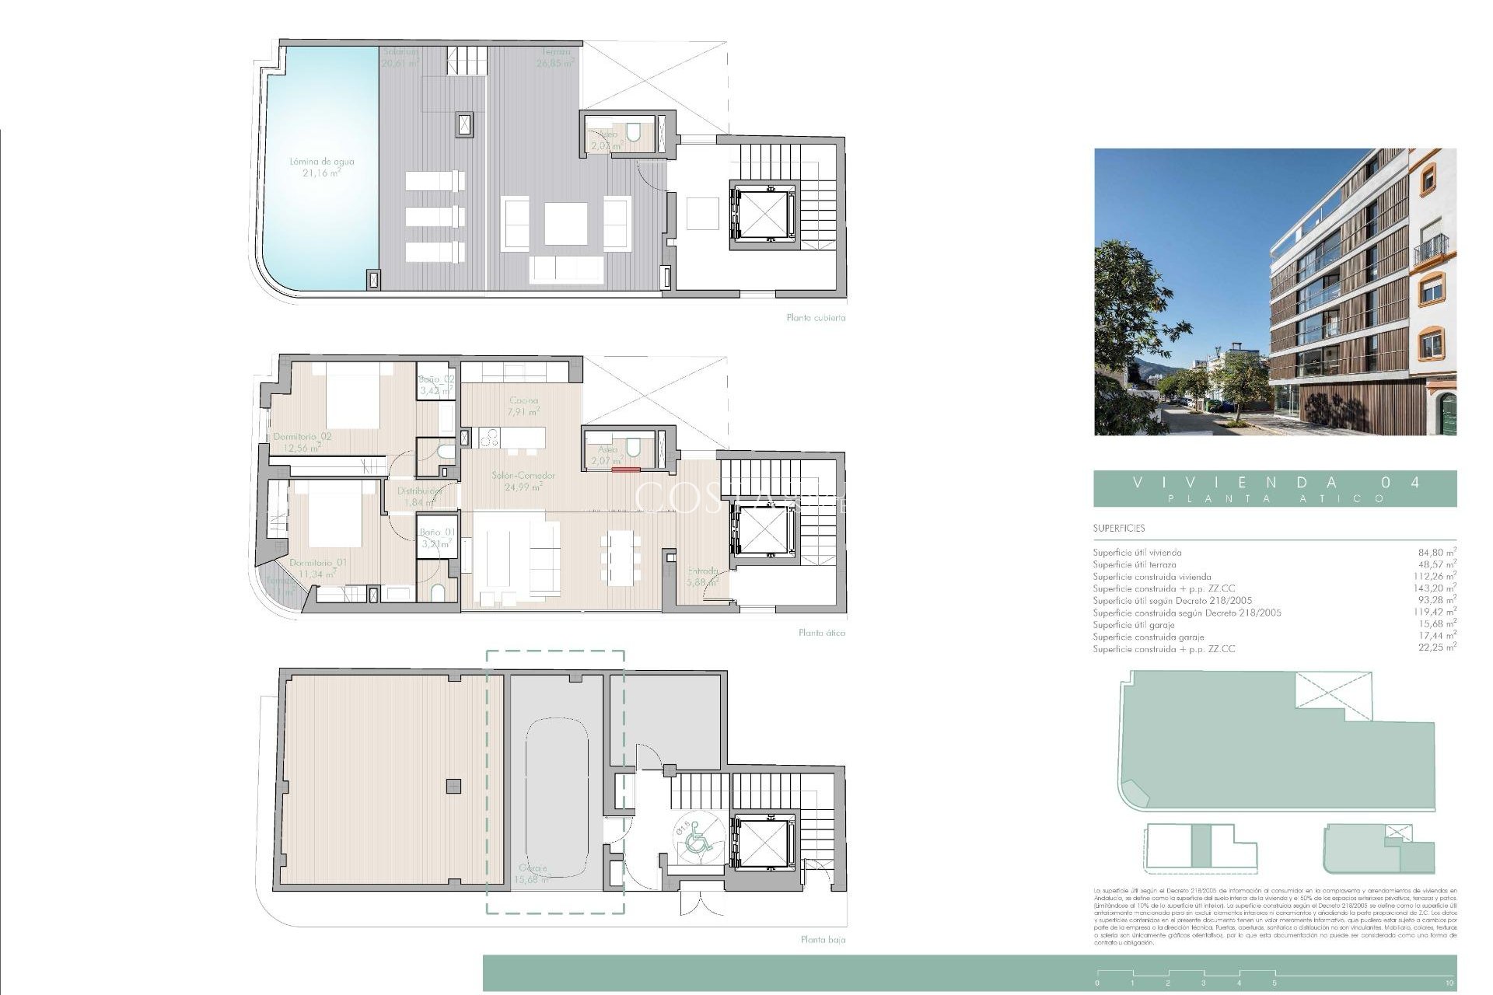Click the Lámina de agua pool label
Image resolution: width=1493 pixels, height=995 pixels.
(x=321, y=167)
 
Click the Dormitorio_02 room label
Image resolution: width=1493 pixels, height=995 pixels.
(x=302, y=442)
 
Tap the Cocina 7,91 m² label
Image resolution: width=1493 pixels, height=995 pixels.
(x=523, y=406)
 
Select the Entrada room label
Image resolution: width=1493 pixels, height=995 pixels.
(x=702, y=575)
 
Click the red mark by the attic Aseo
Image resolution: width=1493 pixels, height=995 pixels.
(x=625, y=469)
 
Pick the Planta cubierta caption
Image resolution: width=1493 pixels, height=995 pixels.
(x=815, y=318)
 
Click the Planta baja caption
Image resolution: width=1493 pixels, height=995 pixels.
(x=823, y=940)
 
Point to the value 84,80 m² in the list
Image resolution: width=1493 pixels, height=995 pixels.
(x=1436, y=553)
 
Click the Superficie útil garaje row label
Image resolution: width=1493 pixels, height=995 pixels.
(x=1133, y=625)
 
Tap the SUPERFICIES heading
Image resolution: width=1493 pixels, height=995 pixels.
(x=1118, y=529)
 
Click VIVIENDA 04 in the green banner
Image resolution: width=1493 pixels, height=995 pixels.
(x=1274, y=483)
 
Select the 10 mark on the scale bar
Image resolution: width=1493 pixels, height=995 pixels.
(x=1449, y=983)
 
